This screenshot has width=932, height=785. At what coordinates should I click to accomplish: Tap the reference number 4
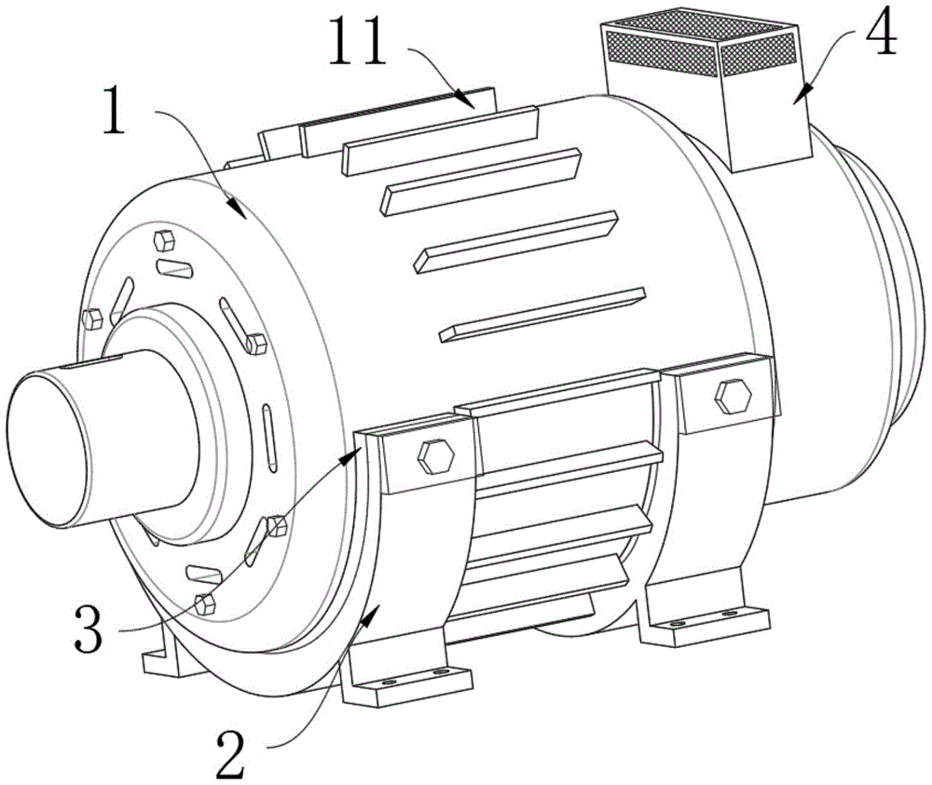click(880, 35)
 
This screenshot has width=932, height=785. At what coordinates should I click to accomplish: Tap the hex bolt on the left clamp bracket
click(435, 456)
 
